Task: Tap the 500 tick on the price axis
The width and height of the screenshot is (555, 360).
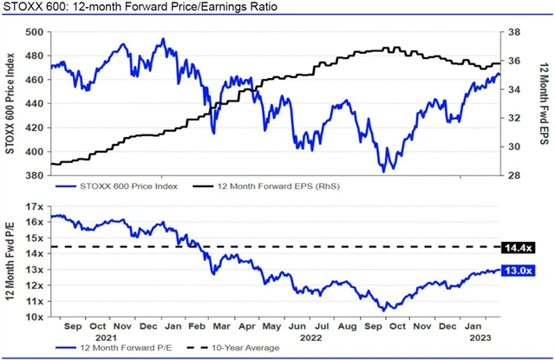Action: click(x=36, y=32)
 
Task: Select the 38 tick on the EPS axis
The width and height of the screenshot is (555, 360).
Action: click(x=513, y=32)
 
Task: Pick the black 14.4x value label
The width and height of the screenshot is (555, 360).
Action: click(x=517, y=247)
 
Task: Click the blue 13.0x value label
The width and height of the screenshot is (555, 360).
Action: click(x=517, y=271)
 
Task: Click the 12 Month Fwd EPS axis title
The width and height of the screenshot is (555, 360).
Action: click(x=539, y=102)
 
